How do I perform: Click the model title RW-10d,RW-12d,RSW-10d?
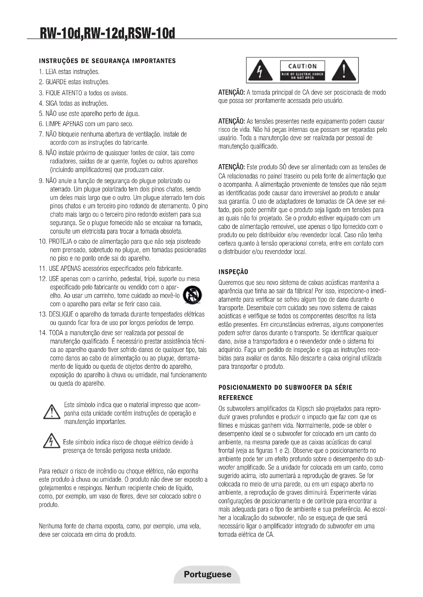pos(107,33)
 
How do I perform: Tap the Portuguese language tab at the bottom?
pos(207,574)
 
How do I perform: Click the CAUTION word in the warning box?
pos(302,66)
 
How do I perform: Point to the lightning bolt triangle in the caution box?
pos(260,71)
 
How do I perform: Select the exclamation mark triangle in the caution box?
pos(344,71)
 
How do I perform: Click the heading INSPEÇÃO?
pos(233,272)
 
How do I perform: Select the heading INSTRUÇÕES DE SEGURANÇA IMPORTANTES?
pos(107,61)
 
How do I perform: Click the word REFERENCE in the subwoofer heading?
pos(236,398)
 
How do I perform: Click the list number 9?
pos(41,181)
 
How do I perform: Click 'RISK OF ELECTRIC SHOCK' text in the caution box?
pos(302,74)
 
